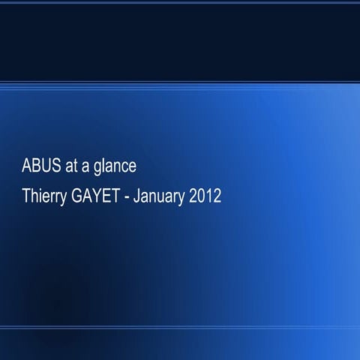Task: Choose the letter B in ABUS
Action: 34,166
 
